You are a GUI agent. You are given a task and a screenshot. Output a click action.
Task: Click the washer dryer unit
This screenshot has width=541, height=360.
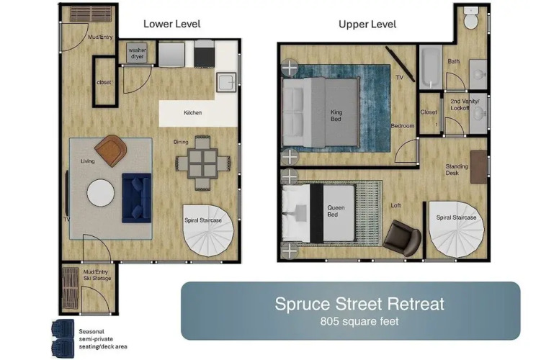tap(137, 53)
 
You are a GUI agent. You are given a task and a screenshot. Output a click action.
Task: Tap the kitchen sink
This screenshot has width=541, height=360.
tap(226, 82)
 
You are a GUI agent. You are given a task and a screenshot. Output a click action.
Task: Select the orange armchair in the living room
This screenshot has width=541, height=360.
tap(111, 150)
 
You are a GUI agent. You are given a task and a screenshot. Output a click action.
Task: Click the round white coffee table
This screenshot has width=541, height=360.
tap(100, 193)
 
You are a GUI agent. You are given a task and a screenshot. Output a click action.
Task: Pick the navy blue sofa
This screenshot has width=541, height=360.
tap(137, 198)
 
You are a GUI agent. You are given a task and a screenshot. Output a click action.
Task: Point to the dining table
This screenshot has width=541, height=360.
tap(202, 163)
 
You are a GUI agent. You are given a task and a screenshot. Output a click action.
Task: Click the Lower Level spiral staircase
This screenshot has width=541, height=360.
tap(208, 230)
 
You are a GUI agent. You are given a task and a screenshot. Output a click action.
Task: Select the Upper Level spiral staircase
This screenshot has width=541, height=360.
tap(455, 229)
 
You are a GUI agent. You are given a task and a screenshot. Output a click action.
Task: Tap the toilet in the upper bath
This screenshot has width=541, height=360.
tap(470, 18)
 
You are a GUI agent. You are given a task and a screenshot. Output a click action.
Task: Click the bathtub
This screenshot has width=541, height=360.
tap(431, 67)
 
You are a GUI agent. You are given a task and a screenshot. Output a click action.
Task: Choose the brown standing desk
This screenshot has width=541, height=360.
tap(479, 167)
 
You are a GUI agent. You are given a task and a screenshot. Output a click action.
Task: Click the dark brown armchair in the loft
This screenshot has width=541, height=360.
tap(402, 238)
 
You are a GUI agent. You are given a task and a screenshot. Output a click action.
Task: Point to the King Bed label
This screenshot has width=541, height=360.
tap(336, 115)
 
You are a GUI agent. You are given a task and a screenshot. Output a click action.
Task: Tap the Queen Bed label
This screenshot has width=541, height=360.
tap(336, 211)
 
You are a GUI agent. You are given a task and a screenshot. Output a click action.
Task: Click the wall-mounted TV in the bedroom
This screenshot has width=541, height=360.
tap(401, 64)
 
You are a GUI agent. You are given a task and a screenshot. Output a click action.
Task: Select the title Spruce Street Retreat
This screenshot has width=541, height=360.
tap(359, 304)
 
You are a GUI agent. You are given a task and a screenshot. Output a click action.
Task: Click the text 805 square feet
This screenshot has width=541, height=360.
tap(359, 321)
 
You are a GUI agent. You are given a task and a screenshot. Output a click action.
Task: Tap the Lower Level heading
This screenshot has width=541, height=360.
tap(172, 24)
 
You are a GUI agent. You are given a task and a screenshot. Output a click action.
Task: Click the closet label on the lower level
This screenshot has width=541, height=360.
tap(104, 82)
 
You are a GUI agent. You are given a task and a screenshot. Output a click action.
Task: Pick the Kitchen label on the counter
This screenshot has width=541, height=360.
tap(192, 112)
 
